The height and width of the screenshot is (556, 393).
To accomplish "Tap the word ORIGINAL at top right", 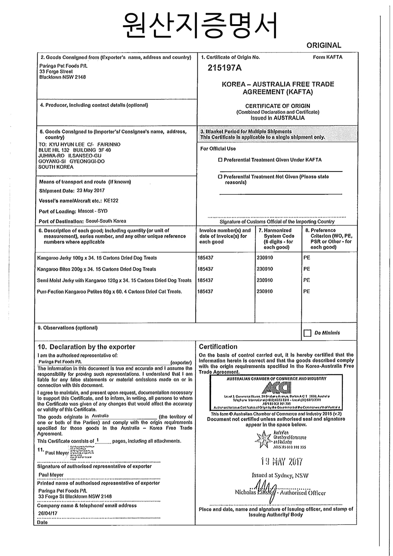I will (x=324, y=45).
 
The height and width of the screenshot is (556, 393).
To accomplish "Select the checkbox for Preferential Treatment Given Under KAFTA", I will (x=220, y=160).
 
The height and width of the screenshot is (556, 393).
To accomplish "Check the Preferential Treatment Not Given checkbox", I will (x=220, y=176).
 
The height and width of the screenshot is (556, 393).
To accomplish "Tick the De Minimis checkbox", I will (x=308, y=333).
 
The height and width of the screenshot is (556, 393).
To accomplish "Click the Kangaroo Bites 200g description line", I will (x=96, y=269).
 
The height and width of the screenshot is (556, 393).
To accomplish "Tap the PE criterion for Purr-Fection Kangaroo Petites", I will (x=307, y=291).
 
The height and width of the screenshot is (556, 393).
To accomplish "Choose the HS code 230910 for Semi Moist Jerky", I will (x=265, y=280).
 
